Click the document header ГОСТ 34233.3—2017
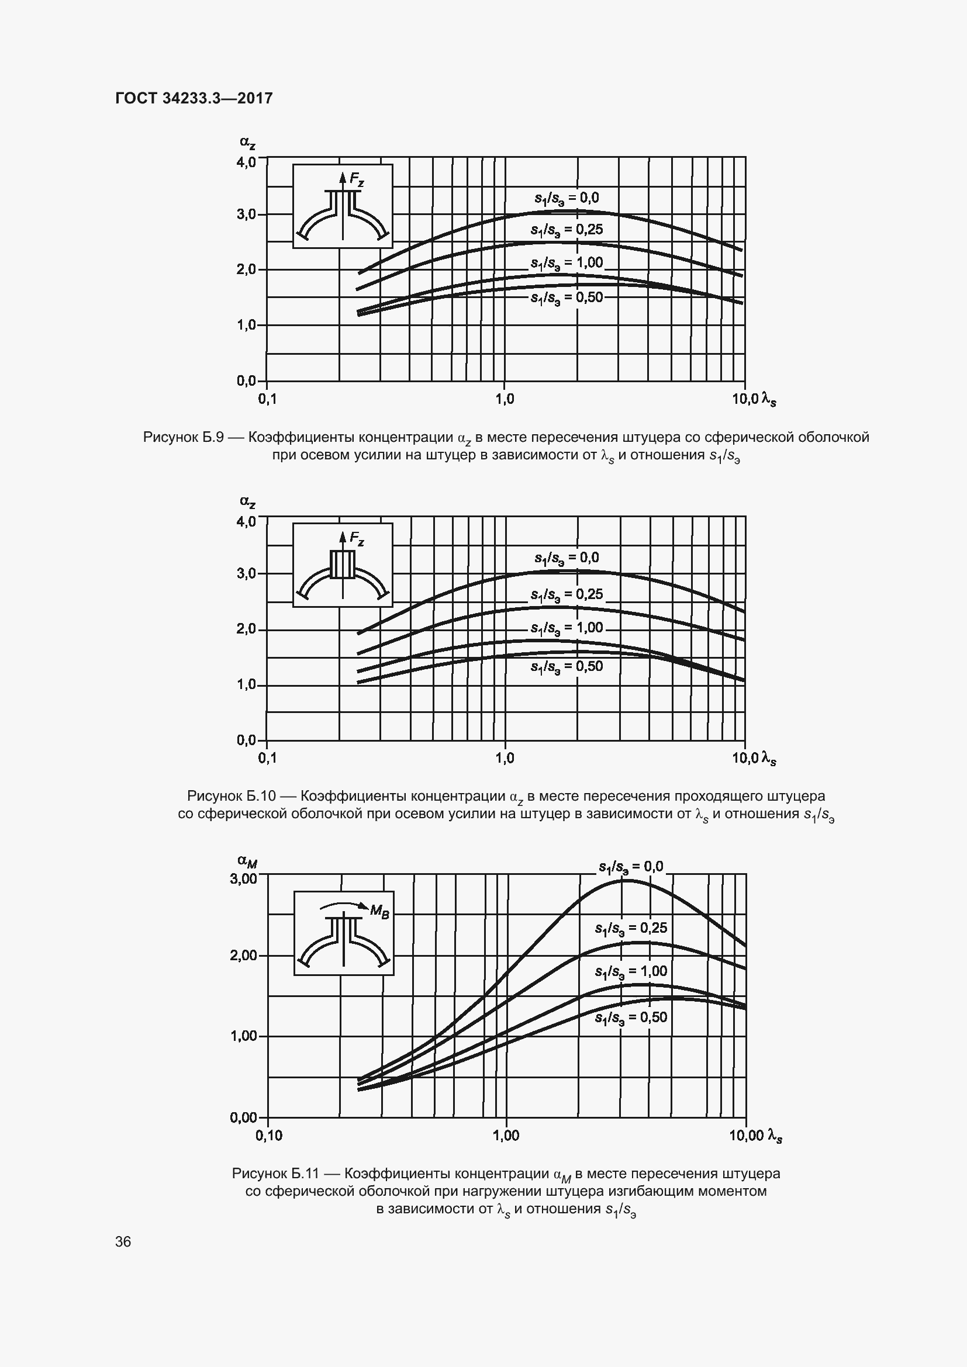194,98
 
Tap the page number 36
123,1241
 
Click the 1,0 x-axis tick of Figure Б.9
505,400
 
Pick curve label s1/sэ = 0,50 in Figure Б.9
567,297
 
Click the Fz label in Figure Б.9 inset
357,179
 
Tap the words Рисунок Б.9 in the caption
183,438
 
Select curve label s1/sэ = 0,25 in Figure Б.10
567,595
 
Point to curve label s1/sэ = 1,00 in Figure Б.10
567,628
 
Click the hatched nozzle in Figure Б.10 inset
343,565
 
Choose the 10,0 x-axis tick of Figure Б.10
745,758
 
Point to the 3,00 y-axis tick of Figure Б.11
244,878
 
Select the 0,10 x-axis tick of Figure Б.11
269,1136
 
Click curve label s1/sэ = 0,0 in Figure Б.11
631,866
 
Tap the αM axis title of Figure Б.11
247,860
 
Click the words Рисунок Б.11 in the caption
276,1174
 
